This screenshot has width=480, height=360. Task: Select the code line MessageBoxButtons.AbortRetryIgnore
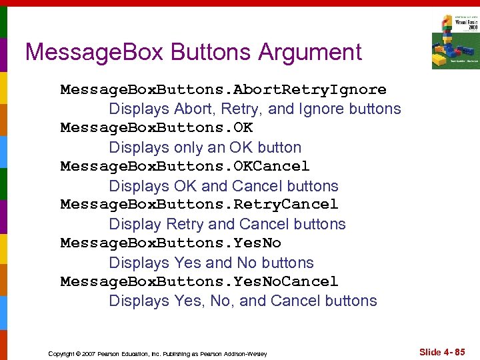(x=223, y=89)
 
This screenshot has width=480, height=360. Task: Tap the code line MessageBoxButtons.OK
(x=157, y=127)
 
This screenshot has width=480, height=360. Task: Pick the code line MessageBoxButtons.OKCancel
(x=185, y=166)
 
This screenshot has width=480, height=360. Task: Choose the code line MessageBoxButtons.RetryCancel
(x=199, y=204)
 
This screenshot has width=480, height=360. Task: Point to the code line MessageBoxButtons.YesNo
(x=171, y=243)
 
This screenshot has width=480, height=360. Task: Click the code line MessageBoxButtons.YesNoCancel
(x=199, y=281)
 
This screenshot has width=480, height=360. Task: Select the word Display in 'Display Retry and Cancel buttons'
(x=135, y=224)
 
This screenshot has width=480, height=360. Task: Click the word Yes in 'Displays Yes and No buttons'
(x=187, y=263)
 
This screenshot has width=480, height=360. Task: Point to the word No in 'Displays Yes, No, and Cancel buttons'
(x=220, y=301)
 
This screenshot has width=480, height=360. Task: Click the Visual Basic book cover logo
(x=455, y=41)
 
